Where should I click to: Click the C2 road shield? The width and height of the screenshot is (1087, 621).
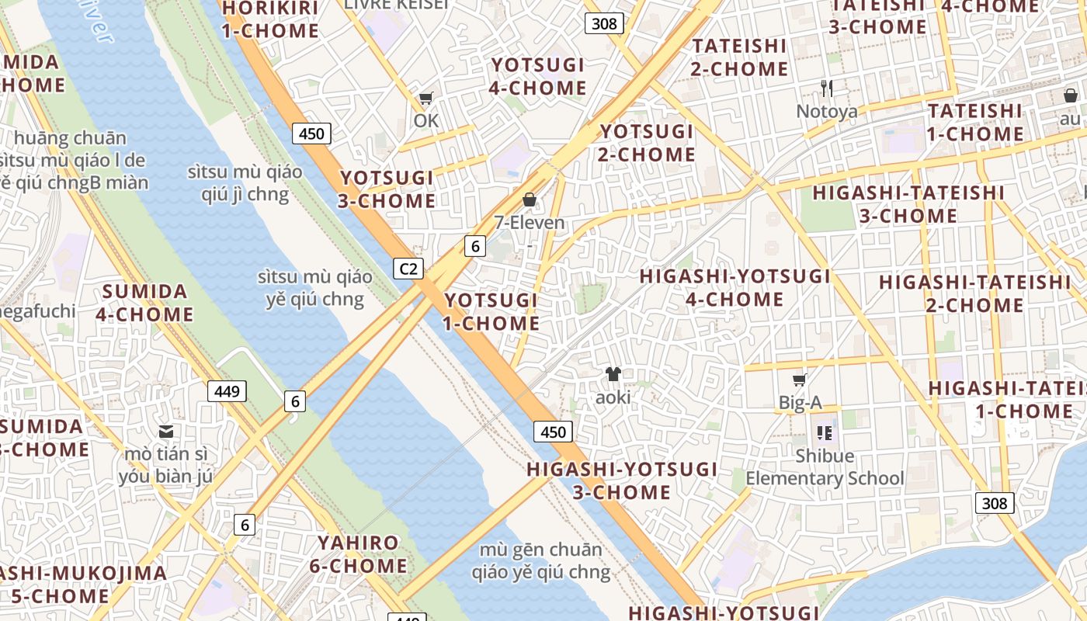click(408, 269)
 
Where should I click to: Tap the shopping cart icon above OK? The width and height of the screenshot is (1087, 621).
click(425, 99)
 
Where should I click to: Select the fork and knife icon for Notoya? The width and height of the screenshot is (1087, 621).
click(827, 88)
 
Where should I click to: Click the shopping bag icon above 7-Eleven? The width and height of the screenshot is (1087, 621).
click(530, 200)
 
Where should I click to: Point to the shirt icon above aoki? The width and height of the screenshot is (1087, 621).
click(613, 375)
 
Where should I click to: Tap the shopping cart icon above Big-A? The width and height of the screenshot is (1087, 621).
click(800, 380)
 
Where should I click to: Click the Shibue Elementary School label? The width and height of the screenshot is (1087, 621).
click(825, 467)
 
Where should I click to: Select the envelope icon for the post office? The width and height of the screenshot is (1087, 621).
click(165, 432)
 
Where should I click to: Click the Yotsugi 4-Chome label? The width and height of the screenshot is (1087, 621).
click(537, 77)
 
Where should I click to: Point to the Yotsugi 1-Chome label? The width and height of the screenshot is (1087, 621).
click(491, 311)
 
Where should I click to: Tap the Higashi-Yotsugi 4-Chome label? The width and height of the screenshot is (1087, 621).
click(735, 287)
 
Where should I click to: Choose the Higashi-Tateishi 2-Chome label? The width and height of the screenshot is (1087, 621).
click(974, 293)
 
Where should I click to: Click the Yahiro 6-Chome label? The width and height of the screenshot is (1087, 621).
click(359, 554)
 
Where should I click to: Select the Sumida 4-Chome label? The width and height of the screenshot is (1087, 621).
click(145, 304)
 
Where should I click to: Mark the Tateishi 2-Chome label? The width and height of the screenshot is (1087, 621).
click(739, 57)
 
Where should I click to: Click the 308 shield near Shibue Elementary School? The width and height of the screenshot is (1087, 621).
click(994, 503)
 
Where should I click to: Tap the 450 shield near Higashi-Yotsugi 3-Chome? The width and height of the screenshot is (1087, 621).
click(553, 432)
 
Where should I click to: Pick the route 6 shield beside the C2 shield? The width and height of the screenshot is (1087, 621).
click(475, 247)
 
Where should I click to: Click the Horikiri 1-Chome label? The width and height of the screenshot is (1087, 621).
click(270, 19)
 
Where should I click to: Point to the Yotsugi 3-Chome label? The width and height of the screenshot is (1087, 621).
click(387, 189)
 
